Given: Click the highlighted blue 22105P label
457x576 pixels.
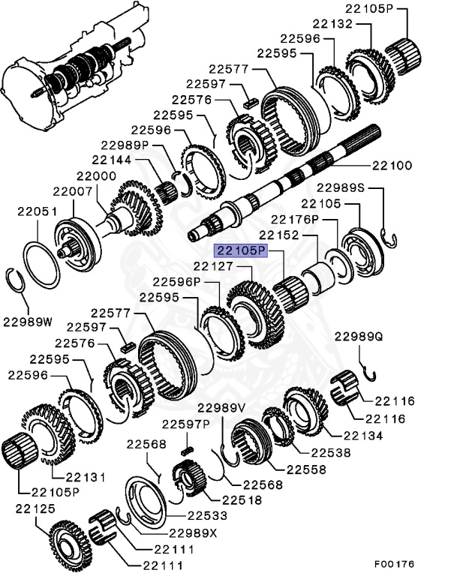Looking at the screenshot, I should [x=241, y=250].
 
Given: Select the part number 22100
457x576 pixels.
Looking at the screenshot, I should [x=392, y=165].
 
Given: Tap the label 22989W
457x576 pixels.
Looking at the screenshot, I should [x=28, y=322].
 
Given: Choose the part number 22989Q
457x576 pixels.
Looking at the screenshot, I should [x=359, y=337].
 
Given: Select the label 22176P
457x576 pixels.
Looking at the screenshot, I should [x=295, y=219].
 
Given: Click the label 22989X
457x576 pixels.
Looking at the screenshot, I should [x=192, y=533].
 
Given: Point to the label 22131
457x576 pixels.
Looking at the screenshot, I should [x=80, y=476].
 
